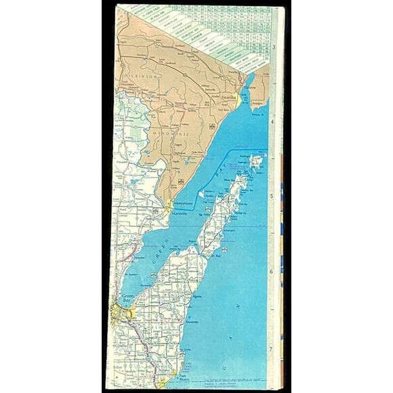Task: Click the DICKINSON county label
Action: (x=140, y=77)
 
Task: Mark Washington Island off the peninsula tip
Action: (x=255, y=161)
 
